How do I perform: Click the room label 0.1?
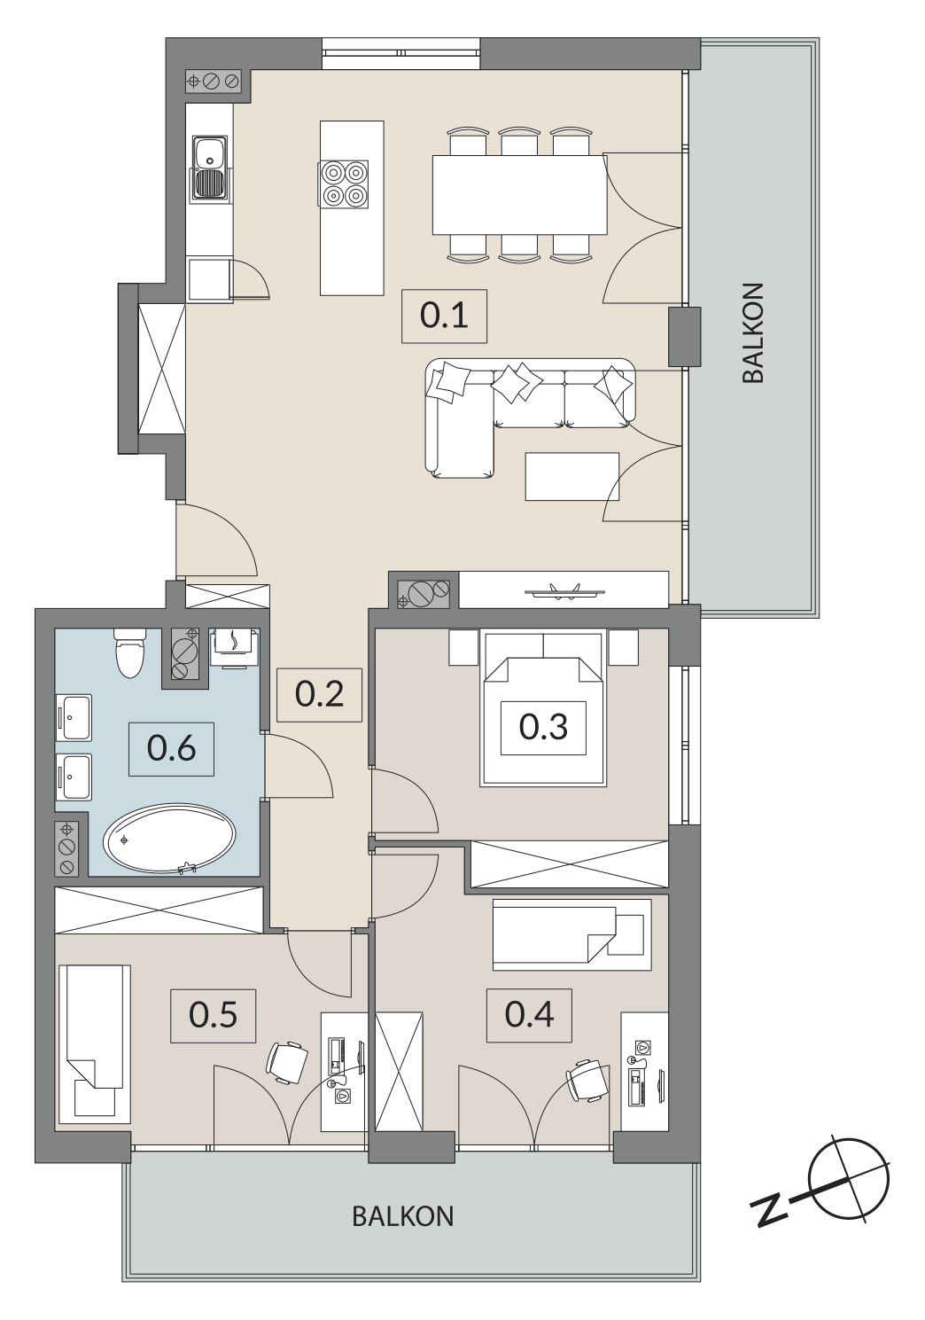tap(444, 316)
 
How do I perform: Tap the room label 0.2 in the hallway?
tap(319, 694)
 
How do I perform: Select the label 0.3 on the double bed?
tap(543, 727)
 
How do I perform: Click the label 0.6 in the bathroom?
tap(171, 749)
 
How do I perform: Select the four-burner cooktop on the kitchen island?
tap(344, 184)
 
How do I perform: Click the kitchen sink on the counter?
tap(210, 168)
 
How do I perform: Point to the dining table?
tap(519, 194)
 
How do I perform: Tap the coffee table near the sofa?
tap(571, 476)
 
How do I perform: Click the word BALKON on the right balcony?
tap(753, 333)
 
